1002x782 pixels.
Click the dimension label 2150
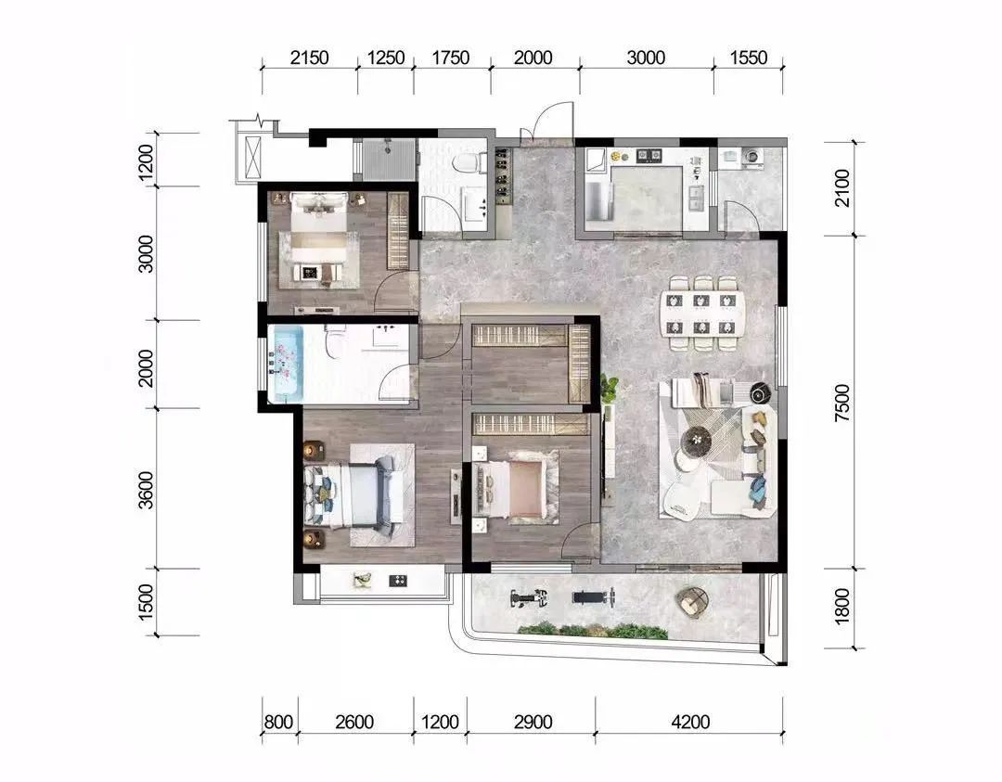pos(309,58)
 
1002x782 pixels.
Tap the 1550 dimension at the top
pos(748,58)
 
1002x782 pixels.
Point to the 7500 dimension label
pos(842,402)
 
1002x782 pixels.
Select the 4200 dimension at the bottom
pos(690,722)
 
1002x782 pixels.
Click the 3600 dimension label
pos(147,490)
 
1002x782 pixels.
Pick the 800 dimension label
pos(278,722)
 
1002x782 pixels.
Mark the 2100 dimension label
pos(842,187)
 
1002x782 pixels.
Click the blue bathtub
pos(285,365)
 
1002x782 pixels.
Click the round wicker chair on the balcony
pos(693,601)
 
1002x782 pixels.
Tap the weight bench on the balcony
pos(593,598)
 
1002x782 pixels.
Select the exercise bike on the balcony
pos(530,598)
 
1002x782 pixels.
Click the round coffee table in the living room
pos(697,440)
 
